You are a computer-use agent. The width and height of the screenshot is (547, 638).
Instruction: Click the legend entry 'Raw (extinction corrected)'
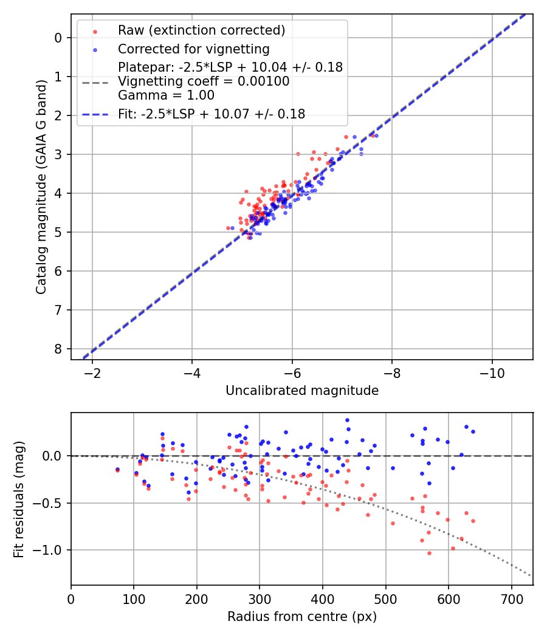point(201,30)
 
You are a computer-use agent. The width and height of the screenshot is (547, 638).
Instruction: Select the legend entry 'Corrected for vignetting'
point(194,49)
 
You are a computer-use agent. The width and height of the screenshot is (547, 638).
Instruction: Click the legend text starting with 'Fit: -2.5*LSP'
point(212,113)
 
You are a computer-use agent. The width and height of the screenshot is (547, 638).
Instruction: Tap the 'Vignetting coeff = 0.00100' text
point(204,81)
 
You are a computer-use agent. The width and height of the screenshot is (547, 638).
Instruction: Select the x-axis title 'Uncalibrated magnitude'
point(302,391)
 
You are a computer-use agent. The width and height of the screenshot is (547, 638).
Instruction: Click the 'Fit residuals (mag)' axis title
point(19,499)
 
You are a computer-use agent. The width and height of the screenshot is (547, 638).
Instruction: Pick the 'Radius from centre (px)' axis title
point(302,617)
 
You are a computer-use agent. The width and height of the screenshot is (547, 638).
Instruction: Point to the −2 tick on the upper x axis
point(93,371)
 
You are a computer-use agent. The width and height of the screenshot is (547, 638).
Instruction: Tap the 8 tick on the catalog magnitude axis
point(58,349)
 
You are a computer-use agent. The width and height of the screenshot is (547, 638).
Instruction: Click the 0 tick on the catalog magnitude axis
point(58,38)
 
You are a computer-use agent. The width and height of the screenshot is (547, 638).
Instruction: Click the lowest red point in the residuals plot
point(429,553)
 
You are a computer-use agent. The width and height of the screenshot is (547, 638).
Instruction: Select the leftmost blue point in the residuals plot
point(117,469)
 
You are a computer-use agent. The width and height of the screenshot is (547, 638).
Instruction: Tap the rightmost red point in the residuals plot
point(473,521)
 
